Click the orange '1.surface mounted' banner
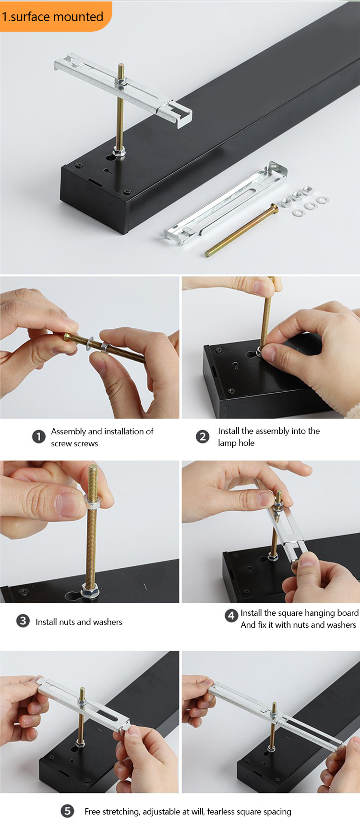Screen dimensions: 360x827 tap(55, 16)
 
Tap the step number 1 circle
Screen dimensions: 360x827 tap(39, 437)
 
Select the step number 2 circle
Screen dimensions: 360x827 tap(203, 437)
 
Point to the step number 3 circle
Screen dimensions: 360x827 tap(23, 621)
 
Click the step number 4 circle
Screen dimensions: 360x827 tap(231, 615)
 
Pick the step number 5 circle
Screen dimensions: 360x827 tap(67, 811)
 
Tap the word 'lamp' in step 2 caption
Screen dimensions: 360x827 tap(227, 443)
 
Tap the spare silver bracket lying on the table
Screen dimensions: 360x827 tap(225, 204)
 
